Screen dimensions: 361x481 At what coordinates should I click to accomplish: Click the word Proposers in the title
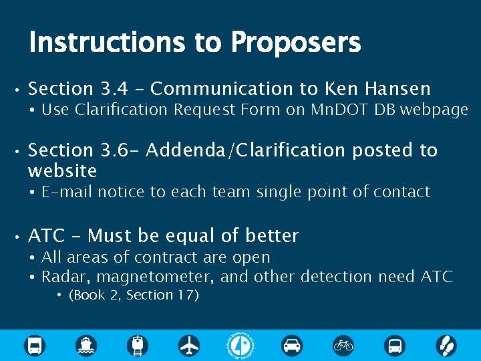point(295,43)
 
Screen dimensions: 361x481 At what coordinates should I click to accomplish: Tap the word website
point(63,171)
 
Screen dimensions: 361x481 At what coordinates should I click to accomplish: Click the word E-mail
point(69,193)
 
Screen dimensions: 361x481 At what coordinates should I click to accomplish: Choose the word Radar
point(63,277)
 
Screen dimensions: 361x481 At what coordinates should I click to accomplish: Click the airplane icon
point(190,345)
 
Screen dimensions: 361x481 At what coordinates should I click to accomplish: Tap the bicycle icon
point(343,345)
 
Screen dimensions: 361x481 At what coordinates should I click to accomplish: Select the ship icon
point(86,345)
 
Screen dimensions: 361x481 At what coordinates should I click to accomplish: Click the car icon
point(292,345)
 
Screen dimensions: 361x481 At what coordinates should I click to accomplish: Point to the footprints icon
point(446,345)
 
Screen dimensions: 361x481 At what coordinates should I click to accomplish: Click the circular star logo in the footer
point(241,344)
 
